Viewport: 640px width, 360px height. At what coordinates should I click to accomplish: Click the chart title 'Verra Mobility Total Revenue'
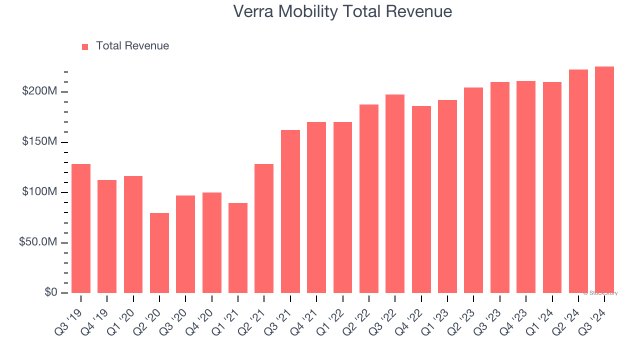pos(342,11)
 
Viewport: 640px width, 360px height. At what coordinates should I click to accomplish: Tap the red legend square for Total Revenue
pos(85,46)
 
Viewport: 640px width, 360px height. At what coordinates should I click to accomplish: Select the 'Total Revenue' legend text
pos(132,46)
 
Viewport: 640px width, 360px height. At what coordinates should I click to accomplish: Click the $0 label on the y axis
pos(51,292)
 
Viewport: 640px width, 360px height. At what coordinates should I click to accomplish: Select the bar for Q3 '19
pos(81,228)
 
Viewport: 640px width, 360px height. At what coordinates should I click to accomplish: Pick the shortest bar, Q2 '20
pos(159,253)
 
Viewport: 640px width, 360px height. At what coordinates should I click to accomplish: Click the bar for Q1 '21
pos(238,248)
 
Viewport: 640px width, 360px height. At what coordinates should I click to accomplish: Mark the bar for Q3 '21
pos(290,211)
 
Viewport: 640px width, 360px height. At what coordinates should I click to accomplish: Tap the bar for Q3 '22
pos(395,194)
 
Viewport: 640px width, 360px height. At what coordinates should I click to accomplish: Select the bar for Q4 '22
pos(421,199)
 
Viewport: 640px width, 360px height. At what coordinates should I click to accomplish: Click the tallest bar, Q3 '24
pos(604,180)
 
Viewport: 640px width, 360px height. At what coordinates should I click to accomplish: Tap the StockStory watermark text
pos(600,293)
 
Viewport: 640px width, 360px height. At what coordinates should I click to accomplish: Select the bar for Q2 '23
pos(473,190)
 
